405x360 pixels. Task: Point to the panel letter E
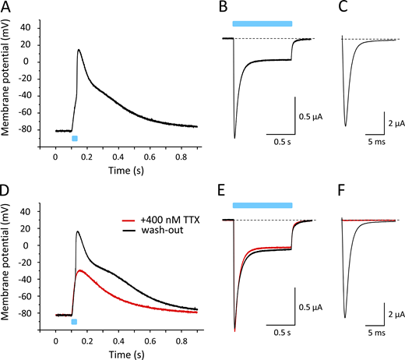(224, 191)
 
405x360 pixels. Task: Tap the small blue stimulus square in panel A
(75, 138)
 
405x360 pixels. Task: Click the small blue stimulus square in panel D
(74, 321)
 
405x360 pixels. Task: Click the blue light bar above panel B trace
(262, 24)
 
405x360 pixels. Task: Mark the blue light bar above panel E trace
(262, 206)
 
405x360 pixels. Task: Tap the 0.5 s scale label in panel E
(281, 325)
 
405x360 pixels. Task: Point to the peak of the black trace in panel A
(79, 50)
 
